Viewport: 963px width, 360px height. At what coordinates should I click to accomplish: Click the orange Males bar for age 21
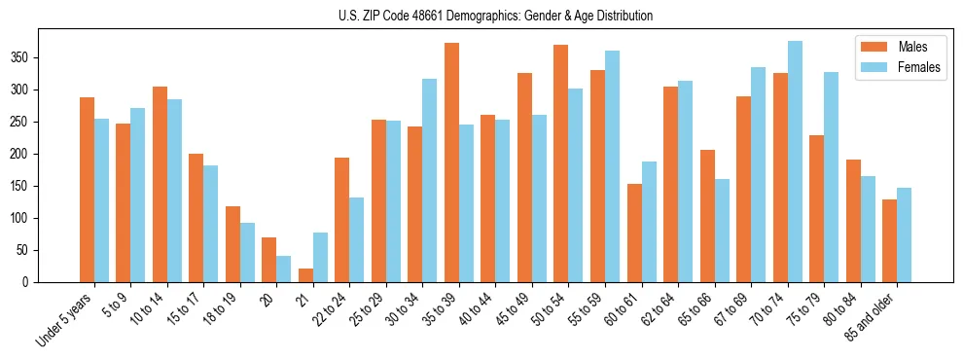point(305,275)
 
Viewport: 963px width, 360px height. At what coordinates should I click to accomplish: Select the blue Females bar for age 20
point(284,269)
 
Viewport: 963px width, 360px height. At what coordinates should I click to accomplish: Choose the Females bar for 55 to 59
point(612,166)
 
